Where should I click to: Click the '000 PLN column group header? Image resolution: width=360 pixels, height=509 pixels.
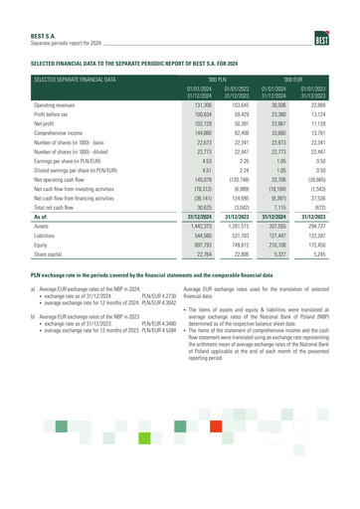click(218, 77)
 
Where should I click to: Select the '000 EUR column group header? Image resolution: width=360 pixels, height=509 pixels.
click(291, 77)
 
